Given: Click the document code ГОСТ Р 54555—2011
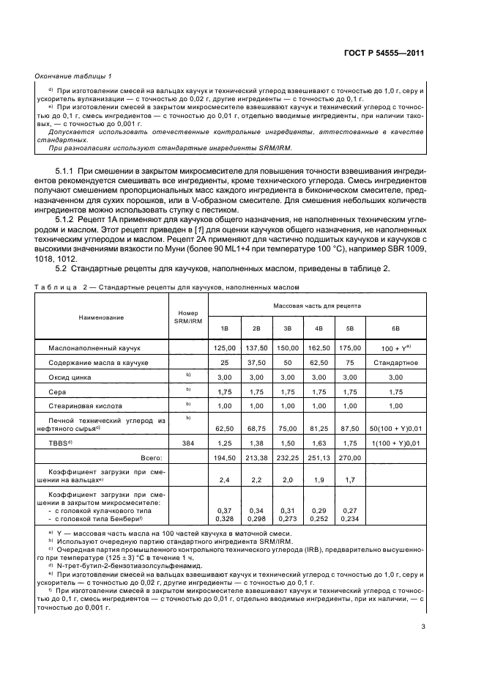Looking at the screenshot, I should click(386, 54).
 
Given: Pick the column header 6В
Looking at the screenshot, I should click(395, 328).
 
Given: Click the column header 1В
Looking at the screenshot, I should click(225, 328).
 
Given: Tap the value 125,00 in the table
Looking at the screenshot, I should click(225, 348).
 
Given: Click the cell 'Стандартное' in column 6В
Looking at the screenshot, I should click(395, 362).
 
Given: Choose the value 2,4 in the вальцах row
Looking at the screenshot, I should click(225, 482).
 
